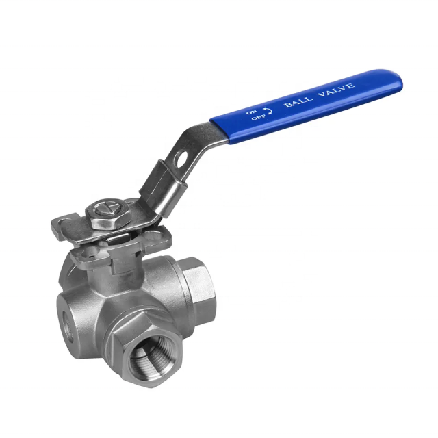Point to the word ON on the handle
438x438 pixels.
[x=251, y=109]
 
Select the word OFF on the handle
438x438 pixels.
[x=257, y=117]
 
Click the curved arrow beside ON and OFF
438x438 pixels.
[x=268, y=109]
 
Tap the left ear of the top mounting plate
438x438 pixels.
[x=62, y=223]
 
